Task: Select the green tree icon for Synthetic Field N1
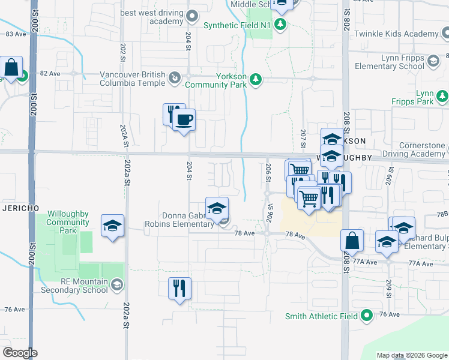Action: pos(280,25)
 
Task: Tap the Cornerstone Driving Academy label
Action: pos(423,149)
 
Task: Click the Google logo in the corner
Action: pos(20,353)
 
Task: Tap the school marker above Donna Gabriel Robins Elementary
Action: pos(217,208)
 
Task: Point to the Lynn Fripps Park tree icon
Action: pos(442,96)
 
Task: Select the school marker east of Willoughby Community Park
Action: pos(112,226)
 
